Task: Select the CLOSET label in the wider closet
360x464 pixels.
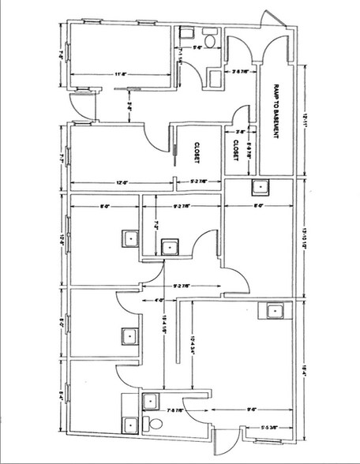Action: (x=197, y=153)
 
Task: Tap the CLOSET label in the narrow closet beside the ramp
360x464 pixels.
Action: (x=235, y=150)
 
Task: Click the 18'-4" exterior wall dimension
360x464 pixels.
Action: (x=302, y=365)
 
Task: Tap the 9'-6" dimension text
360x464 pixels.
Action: (x=250, y=410)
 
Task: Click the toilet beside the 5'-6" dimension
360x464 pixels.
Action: (x=210, y=39)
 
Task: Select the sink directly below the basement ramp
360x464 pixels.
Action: (x=259, y=186)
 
